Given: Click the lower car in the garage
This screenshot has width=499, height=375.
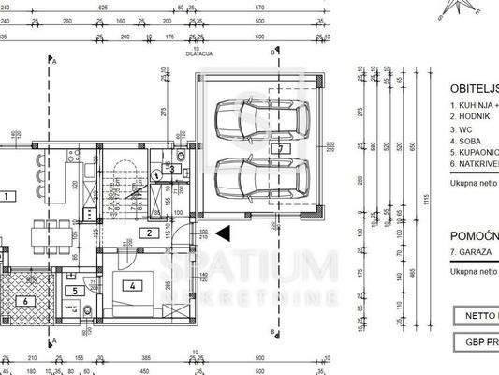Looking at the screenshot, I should tap(250, 176).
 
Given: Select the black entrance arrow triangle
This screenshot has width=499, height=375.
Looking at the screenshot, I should tap(222, 232).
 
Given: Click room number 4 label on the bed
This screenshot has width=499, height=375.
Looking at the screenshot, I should tap(133, 285).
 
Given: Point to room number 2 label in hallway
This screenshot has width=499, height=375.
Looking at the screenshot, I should tap(148, 232).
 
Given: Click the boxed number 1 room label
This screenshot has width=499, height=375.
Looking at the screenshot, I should tap(6, 197).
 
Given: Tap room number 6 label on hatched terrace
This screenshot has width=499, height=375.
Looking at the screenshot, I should tap(25, 301).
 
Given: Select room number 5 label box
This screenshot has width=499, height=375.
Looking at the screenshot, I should tap(76, 291).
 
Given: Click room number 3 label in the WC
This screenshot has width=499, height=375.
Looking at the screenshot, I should tap(184, 169).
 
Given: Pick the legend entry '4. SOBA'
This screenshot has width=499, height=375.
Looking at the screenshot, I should tap(465, 140).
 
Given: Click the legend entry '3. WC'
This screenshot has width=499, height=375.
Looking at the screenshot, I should tap(462, 128).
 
